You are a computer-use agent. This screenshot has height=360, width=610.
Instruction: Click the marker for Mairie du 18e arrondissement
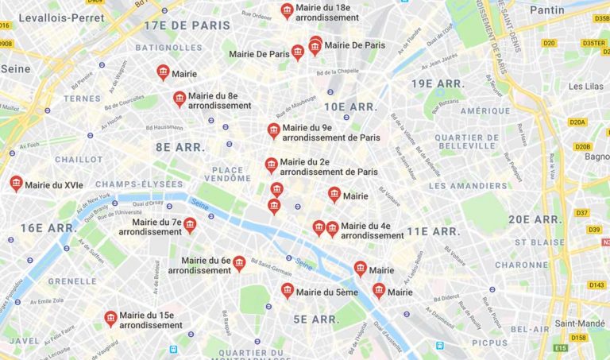[287, 10]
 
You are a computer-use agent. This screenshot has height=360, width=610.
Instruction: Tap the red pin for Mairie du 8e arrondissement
[180, 99]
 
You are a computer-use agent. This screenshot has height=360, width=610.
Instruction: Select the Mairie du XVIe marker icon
[16, 184]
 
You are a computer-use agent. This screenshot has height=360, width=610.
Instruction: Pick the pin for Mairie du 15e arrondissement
[110, 319]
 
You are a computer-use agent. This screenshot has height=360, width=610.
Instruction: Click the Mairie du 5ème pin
[288, 291]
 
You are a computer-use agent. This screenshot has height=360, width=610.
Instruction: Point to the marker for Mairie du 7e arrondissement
[190, 226]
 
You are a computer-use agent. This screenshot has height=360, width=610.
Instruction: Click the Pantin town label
[546, 10]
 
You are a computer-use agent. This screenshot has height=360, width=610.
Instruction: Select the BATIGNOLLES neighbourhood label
[168, 47]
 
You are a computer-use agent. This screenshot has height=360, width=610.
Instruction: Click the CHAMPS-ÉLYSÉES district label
[139, 184]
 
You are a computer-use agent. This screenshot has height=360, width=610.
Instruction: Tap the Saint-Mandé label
[580, 323]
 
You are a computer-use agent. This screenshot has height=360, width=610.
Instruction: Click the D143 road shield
[596, 285]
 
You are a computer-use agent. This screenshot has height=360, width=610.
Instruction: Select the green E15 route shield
[562, 347]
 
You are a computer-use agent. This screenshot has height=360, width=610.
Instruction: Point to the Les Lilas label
[586, 86]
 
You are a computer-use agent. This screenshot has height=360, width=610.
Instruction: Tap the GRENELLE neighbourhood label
[72, 281]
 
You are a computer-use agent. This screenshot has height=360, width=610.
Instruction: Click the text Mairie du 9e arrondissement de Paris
[330, 132]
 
